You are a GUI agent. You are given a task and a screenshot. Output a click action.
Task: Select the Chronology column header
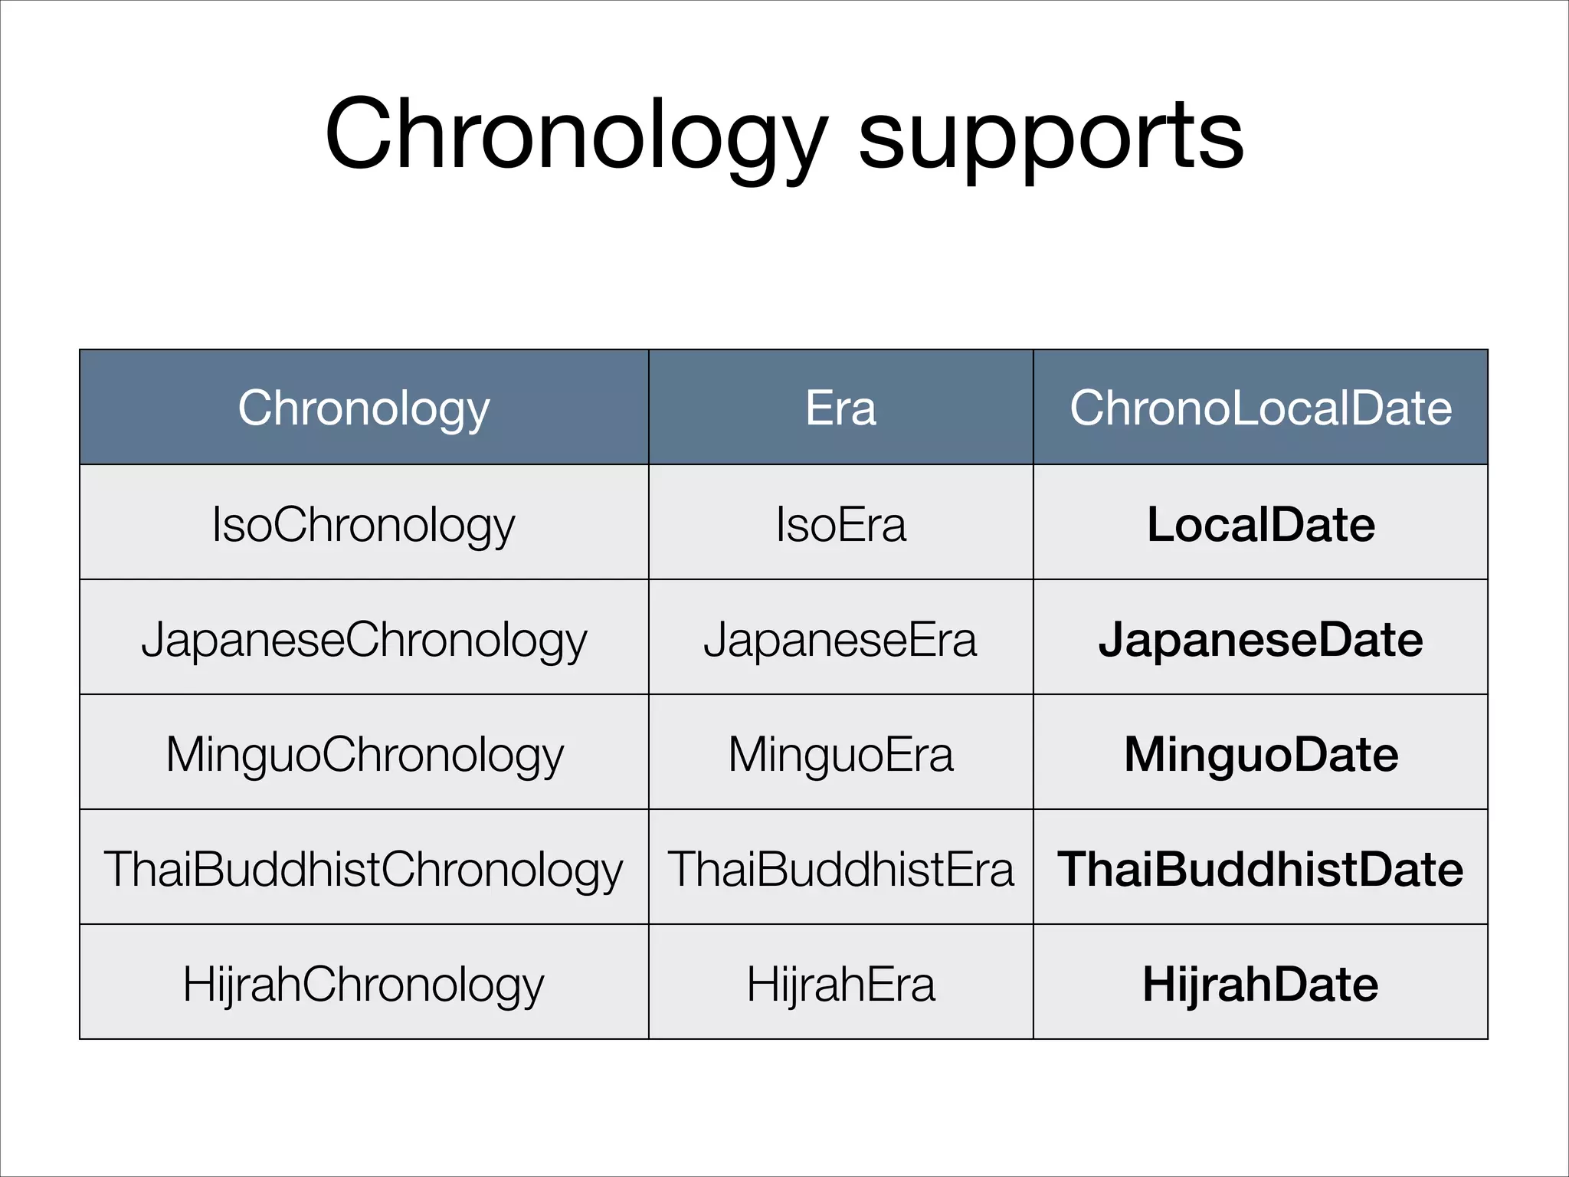point(364,408)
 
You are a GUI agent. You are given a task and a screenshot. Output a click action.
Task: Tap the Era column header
point(840,408)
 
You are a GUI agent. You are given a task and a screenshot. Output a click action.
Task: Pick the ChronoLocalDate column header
point(1260,408)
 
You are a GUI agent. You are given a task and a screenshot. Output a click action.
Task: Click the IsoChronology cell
point(364,526)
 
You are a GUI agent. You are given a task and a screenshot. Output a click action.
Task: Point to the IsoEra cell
point(840,526)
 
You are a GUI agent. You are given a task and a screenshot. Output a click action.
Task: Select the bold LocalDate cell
point(1260,525)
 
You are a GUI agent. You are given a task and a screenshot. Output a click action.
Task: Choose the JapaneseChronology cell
point(364,641)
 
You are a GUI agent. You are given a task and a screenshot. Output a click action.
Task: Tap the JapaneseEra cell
point(840,640)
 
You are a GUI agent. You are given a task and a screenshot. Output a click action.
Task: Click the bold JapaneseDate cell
point(1260,640)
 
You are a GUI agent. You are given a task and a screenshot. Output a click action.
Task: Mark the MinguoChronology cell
point(364,756)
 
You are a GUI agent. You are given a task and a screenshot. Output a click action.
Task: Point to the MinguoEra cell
point(840,755)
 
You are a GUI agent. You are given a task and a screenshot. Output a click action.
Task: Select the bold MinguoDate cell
point(1260,755)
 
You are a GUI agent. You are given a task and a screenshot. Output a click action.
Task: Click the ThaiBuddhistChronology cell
point(364,870)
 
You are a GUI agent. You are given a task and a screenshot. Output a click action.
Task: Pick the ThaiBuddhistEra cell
point(840,870)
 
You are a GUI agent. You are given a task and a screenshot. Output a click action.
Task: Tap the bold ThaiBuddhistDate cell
point(1260,870)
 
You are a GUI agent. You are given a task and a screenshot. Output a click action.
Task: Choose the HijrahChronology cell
point(364,985)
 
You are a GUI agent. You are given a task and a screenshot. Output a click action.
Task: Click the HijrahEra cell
point(840,985)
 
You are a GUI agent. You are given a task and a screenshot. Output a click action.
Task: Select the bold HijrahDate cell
point(1260,985)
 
